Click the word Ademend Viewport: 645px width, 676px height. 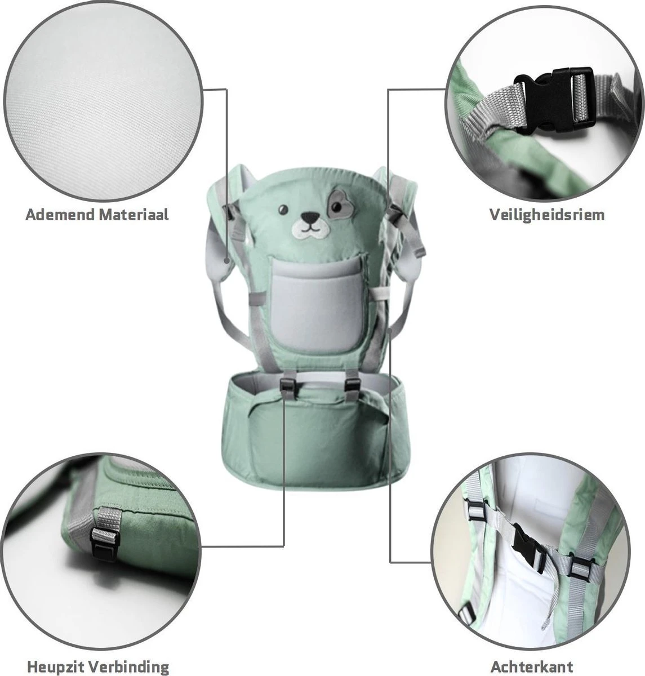[x=60, y=215]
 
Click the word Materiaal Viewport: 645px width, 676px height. [x=134, y=215]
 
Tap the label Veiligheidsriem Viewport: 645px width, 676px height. [x=546, y=215]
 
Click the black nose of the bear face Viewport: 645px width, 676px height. [x=310, y=217]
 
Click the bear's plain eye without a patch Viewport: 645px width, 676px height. [x=283, y=208]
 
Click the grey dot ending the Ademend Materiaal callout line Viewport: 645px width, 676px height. [x=226, y=260]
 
